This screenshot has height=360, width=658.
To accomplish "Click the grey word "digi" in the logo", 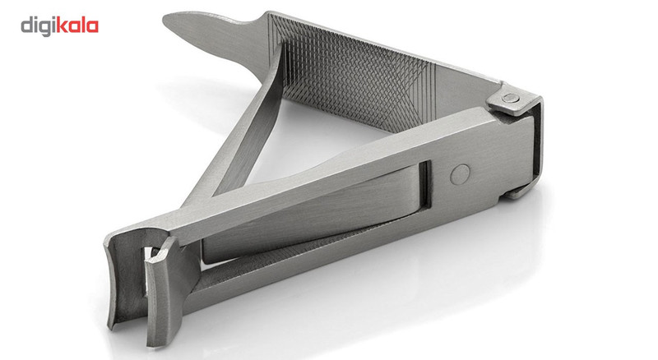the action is pyautogui.click(x=38, y=26).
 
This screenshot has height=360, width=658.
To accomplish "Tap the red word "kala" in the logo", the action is pyautogui.click(x=77, y=25).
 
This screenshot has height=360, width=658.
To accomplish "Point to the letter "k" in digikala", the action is pyautogui.click(x=61, y=25).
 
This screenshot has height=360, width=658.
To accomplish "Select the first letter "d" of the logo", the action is pyautogui.click(x=26, y=25).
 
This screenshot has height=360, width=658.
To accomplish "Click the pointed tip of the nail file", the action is pyautogui.click(x=164, y=17).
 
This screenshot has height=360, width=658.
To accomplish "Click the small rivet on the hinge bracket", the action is pyautogui.click(x=510, y=98).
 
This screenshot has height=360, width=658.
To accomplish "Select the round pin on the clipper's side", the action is pyautogui.click(x=460, y=174).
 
